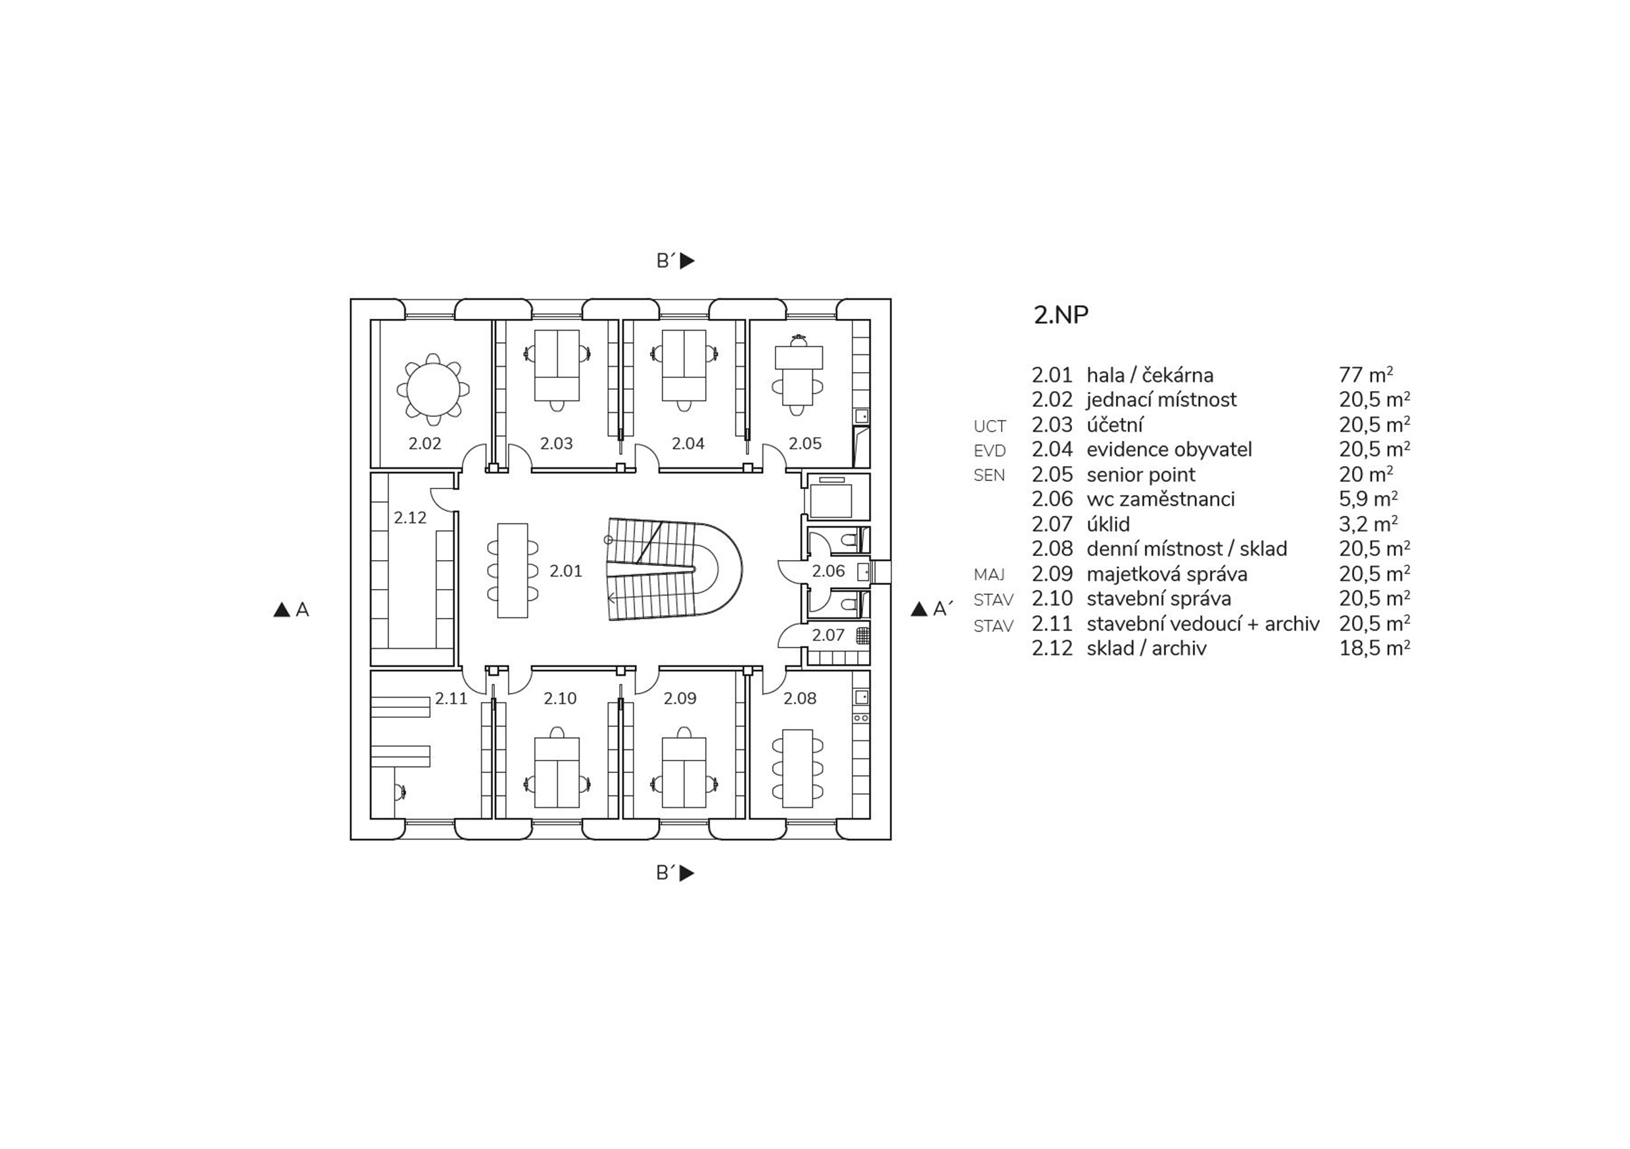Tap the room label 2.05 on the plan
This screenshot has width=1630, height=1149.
coord(805,444)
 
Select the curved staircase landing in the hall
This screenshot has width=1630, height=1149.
coord(717,571)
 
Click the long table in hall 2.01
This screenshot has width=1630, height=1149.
coord(512,571)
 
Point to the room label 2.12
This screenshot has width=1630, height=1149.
coord(410,518)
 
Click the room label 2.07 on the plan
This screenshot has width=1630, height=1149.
coord(827,636)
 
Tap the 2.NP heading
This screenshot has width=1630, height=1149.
coord(1061,315)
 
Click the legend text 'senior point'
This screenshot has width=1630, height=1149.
coord(1141,475)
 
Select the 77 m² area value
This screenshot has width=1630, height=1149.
coord(1365,375)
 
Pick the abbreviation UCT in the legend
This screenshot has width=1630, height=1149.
coord(990,426)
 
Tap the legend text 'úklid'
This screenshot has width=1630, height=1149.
coord(1107,524)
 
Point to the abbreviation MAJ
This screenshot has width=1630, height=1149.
coord(989,574)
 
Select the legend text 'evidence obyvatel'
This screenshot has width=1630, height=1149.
coord(1169,450)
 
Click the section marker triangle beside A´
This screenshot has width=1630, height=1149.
coord(920,609)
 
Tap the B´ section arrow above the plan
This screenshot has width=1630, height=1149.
coord(686,262)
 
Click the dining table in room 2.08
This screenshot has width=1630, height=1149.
coord(797,768)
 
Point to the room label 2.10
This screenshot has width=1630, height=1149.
coord(560,699)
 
